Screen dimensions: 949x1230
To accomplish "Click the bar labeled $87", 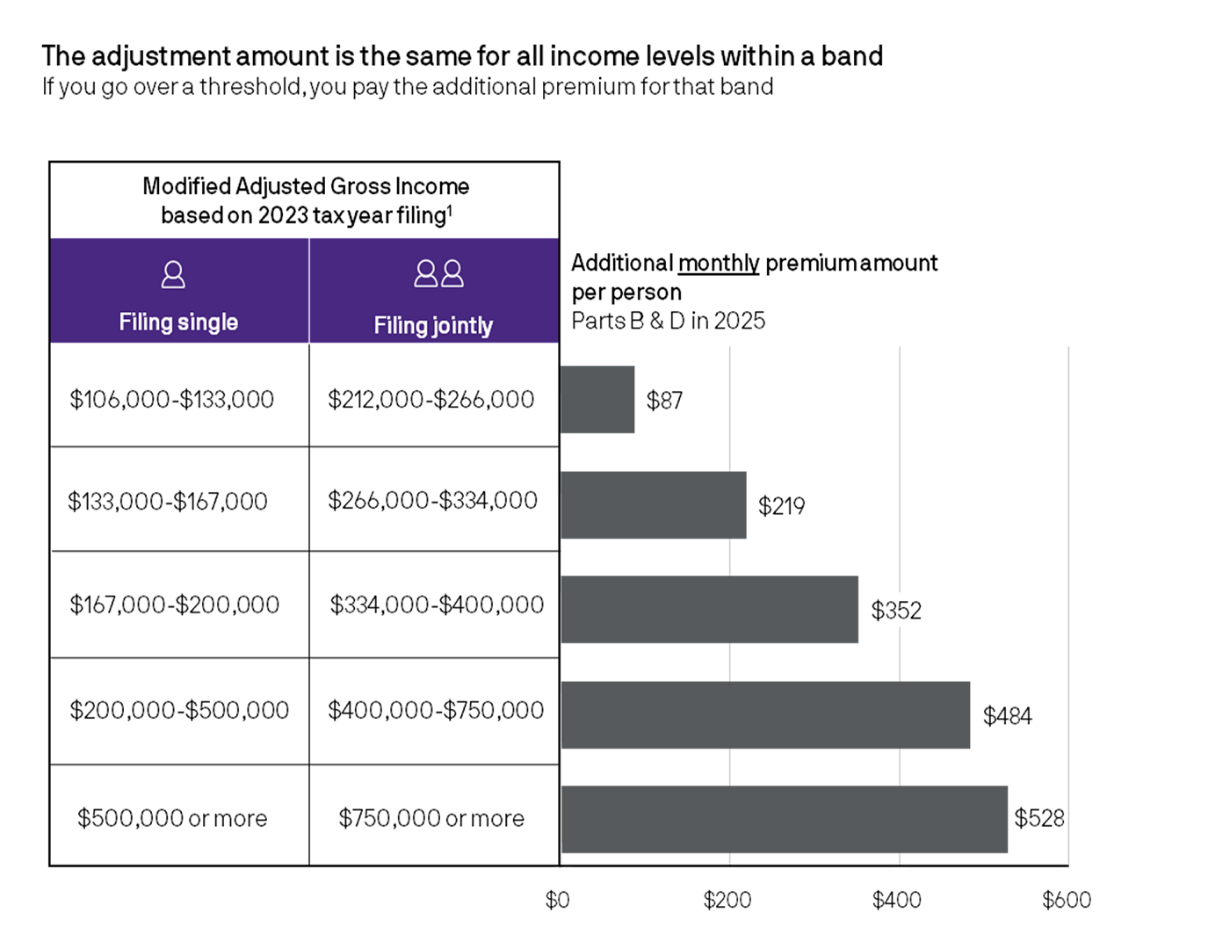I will pos(597,400).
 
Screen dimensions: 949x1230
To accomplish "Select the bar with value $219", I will pos(654,505).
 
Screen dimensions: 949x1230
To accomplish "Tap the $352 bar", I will pos(710,610).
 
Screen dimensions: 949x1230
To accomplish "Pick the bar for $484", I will pos(765,715).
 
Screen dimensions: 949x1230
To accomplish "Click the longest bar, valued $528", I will pos(784,819).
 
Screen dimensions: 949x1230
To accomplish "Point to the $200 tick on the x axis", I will pos(727,900).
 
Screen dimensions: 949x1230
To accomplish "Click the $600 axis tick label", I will pos(1067,900).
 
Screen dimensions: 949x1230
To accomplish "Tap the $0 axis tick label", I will pos(558,900).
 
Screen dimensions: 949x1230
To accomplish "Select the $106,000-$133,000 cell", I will pos(172,400).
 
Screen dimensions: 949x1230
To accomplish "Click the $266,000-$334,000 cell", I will pos(432,501).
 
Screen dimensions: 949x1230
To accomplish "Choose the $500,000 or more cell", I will pos(172,818).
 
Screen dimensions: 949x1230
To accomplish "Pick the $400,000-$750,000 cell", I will pos(436,710).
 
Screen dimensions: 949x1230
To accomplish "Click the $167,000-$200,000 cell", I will pos(175,605).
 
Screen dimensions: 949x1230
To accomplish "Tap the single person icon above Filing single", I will pos(173,275).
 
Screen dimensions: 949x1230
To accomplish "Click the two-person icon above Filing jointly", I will pos(439,274).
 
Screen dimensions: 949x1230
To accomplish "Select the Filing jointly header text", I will pos(433,325).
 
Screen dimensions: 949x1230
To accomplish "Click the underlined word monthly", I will pos(719,263).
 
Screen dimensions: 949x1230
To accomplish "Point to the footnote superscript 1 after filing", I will pos(451,209).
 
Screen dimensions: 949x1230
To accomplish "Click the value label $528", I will pos(1039,819).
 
